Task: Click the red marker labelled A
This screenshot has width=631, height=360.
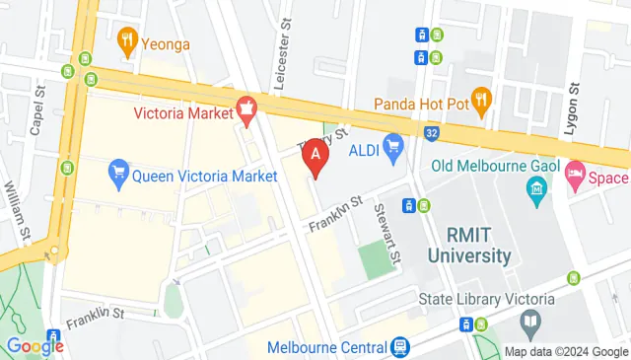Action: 315,155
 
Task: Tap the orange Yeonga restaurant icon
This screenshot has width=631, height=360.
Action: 126,41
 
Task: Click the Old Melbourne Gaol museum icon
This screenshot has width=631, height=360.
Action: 537,188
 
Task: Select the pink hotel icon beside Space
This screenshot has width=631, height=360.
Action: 575,178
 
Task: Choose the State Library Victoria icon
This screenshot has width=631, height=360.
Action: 530,321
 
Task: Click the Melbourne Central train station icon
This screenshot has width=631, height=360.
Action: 399,347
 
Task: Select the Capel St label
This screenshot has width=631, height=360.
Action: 39,110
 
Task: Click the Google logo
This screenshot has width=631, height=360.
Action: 35,345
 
